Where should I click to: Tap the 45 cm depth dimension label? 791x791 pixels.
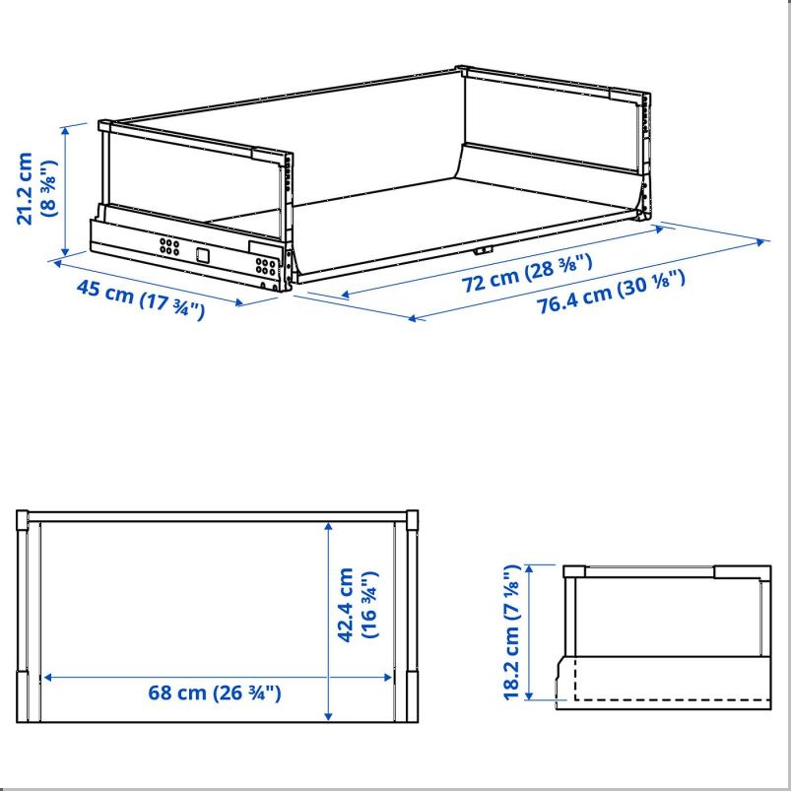141,299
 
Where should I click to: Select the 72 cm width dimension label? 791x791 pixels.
527,274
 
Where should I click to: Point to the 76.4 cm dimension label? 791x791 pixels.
611,292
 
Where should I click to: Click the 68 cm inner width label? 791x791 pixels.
215,692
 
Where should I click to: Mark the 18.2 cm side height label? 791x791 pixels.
511,632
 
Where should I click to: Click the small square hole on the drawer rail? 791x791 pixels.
202,255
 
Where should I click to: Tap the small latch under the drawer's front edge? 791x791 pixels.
483,250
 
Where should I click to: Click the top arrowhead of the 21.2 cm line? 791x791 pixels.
65,130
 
